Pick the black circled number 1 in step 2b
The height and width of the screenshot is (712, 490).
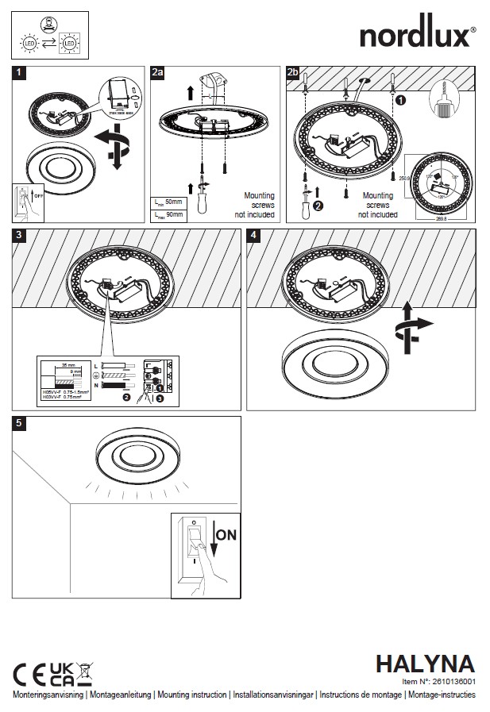click(x=401, y=101)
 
